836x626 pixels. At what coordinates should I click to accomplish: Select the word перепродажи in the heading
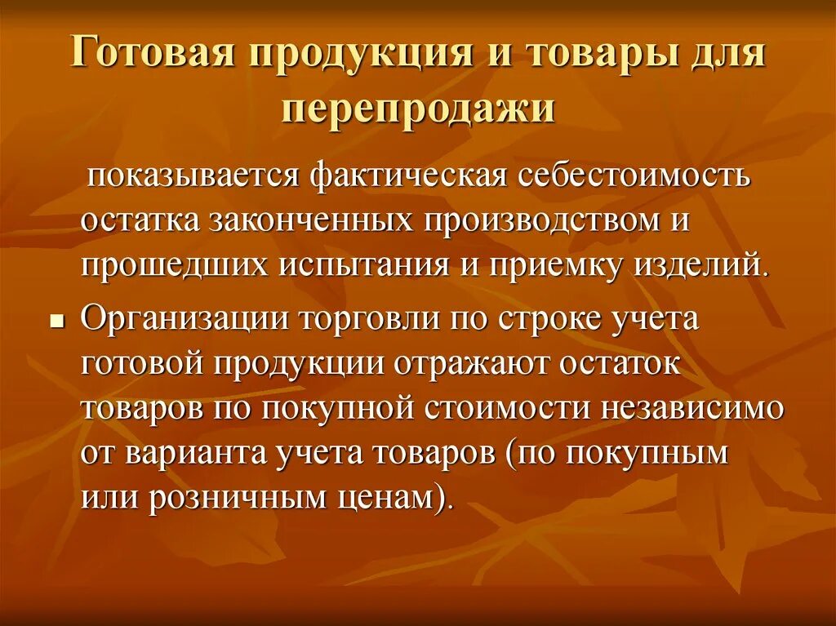tap(418, 109)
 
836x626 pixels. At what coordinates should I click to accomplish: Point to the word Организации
tap(173, 320)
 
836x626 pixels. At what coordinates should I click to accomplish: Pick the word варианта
tap(190, 454)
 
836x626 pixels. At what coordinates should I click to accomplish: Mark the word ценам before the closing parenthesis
tap(393, 499)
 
